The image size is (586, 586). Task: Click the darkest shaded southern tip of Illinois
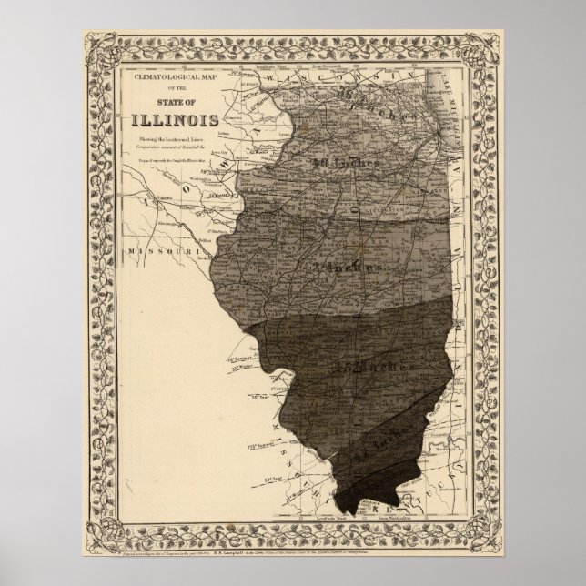pyautogui.click(x=364, y=496)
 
